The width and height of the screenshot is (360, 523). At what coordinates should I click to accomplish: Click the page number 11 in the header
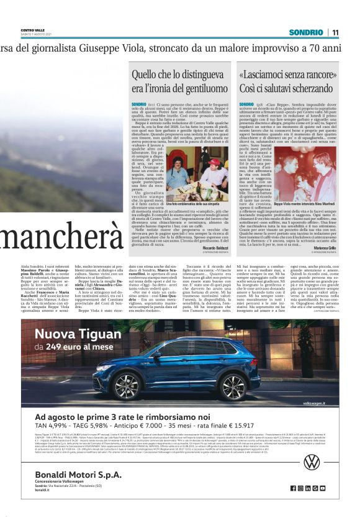[x=335, y=32]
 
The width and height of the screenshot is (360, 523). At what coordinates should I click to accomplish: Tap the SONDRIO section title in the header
[x=306, y=32]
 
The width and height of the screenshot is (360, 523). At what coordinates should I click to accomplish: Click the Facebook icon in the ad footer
[x=293, y=488]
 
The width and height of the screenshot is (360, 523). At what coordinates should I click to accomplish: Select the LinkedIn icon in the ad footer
[x=307, y=488]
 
